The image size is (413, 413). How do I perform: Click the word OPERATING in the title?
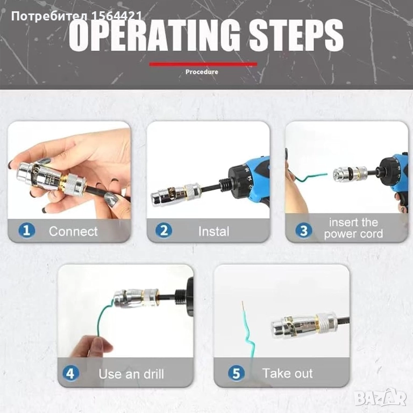point(155,35)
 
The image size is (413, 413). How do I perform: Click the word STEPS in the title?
point(296,35)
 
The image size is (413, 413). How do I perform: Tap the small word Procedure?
point(202,72)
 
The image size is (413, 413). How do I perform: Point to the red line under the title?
point(203,64)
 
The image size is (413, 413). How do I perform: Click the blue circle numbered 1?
point(26,231)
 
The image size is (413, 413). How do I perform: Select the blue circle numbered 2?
point(163,231)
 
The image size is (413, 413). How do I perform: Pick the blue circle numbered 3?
point(304,231)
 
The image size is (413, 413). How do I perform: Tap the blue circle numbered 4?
point(70,374)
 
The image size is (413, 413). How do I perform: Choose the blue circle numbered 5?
point(236,374)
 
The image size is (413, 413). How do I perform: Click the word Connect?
point(73,232)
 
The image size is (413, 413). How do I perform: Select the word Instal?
point(213,232)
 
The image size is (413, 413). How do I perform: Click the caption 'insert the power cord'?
point(353,228)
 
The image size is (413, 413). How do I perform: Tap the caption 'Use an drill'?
point(131,374)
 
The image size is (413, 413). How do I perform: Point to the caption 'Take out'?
point(287,374)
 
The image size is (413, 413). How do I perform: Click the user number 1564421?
point(116,16)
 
